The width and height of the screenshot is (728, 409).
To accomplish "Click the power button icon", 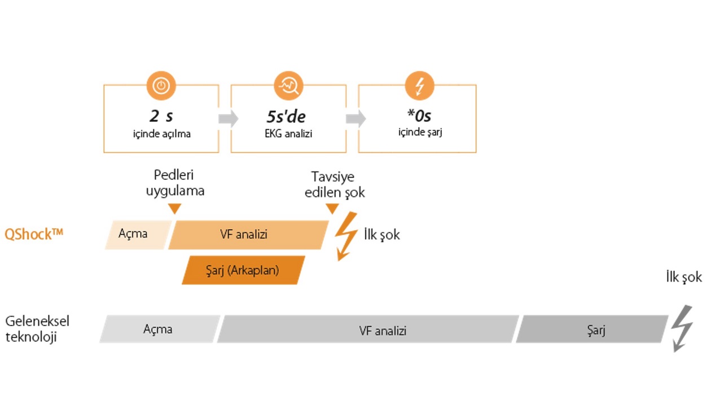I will coord(161,86).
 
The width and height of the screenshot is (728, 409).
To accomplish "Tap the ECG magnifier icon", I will coord(288,86).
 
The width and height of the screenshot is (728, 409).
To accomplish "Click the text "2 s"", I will coord(161,117).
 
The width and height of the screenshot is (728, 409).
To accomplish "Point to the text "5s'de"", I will coord(286,117).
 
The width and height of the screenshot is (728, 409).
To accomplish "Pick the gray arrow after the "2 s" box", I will coord(227,119).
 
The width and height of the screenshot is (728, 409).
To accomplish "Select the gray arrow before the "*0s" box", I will coord(355,119).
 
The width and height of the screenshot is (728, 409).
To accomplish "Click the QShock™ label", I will coord(34,234).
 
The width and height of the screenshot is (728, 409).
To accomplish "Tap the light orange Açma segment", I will coord(136,234).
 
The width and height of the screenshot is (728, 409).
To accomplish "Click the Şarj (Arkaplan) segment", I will coord(243,270).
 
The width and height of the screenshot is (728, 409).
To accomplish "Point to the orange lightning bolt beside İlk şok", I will coord(345,236).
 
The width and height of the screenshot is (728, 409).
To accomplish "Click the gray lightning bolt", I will coord(682,328).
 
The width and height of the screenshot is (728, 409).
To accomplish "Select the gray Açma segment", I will coord(159,329).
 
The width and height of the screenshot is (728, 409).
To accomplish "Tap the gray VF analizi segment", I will coord(367,329).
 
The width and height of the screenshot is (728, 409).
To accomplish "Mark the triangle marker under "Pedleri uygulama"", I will coord(175,209).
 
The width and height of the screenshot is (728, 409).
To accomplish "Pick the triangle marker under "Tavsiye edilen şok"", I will coord(332,209).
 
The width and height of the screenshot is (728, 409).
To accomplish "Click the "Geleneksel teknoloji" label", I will coord(37,329).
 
